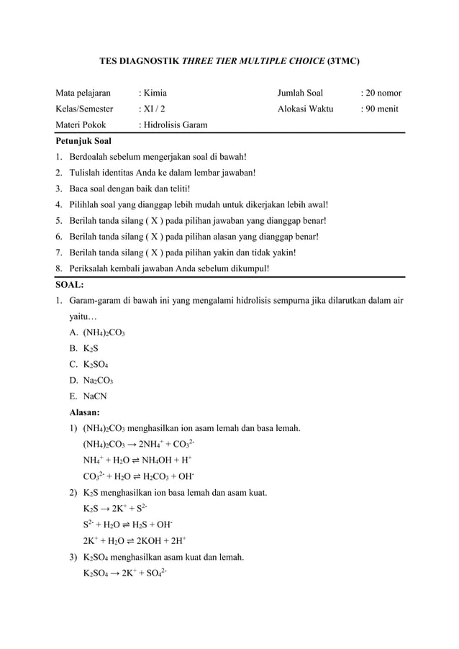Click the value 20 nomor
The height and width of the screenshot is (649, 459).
click(381, 93)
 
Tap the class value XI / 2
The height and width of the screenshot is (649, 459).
click(151, 109)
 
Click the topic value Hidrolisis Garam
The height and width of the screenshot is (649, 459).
click(173, 125)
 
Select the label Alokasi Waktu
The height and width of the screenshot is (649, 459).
click(305, 109)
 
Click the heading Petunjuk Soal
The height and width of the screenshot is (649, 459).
click(83, 142)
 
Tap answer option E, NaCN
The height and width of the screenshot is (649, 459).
click(90, 396)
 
